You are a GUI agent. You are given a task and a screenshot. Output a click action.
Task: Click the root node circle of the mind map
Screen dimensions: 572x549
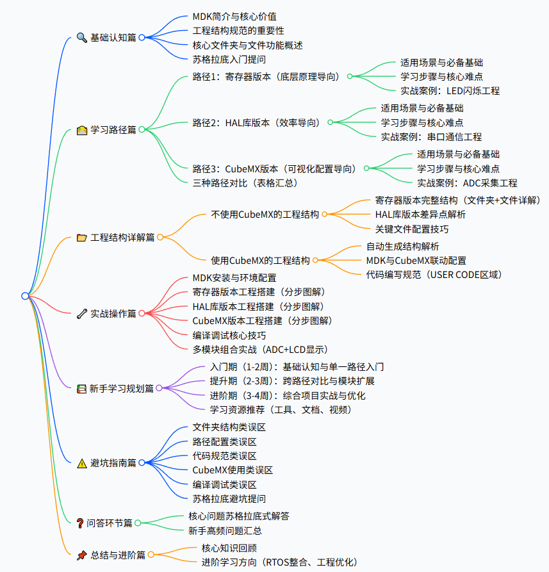point(25,295)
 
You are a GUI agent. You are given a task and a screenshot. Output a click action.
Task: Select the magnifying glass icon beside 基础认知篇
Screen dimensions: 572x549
point(81,38)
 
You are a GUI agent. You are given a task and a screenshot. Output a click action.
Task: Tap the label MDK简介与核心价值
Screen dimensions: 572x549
point(234,16)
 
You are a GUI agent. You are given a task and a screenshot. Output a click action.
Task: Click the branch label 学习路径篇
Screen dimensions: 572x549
point(113,129)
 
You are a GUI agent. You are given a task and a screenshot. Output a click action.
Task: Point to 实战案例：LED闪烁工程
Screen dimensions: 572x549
point(450,91)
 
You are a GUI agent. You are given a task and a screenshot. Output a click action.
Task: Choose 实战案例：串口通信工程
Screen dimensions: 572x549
point(431,136)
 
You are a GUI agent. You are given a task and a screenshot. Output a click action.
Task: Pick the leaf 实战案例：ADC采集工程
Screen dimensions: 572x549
point(467,183)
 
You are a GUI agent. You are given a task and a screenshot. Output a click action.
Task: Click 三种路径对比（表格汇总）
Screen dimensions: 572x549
point(245,183)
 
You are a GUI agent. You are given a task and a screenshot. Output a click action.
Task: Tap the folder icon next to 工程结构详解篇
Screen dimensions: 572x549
point(81,238)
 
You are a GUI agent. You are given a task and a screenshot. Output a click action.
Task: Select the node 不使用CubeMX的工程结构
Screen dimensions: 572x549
point(265,215)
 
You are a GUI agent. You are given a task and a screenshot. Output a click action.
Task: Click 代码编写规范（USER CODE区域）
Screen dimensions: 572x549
point(434,275)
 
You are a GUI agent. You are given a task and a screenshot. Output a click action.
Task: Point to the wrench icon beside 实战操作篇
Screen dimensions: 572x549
point(81,314)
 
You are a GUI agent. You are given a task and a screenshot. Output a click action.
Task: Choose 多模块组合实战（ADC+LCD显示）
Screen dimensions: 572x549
point(260,350)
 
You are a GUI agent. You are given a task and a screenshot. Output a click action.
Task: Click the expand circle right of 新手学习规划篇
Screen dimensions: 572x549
point(160,388)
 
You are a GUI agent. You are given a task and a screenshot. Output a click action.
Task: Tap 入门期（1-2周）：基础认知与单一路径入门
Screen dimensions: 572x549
point(297,367)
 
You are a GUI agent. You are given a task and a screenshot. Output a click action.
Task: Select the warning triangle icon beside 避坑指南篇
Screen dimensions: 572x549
point(81,463)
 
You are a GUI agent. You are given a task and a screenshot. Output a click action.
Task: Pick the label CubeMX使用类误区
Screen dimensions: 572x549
point(233,470)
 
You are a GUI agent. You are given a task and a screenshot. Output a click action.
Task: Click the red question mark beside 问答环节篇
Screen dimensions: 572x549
point(80,523)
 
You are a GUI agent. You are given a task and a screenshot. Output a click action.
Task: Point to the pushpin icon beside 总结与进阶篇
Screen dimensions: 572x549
point(81,555)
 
